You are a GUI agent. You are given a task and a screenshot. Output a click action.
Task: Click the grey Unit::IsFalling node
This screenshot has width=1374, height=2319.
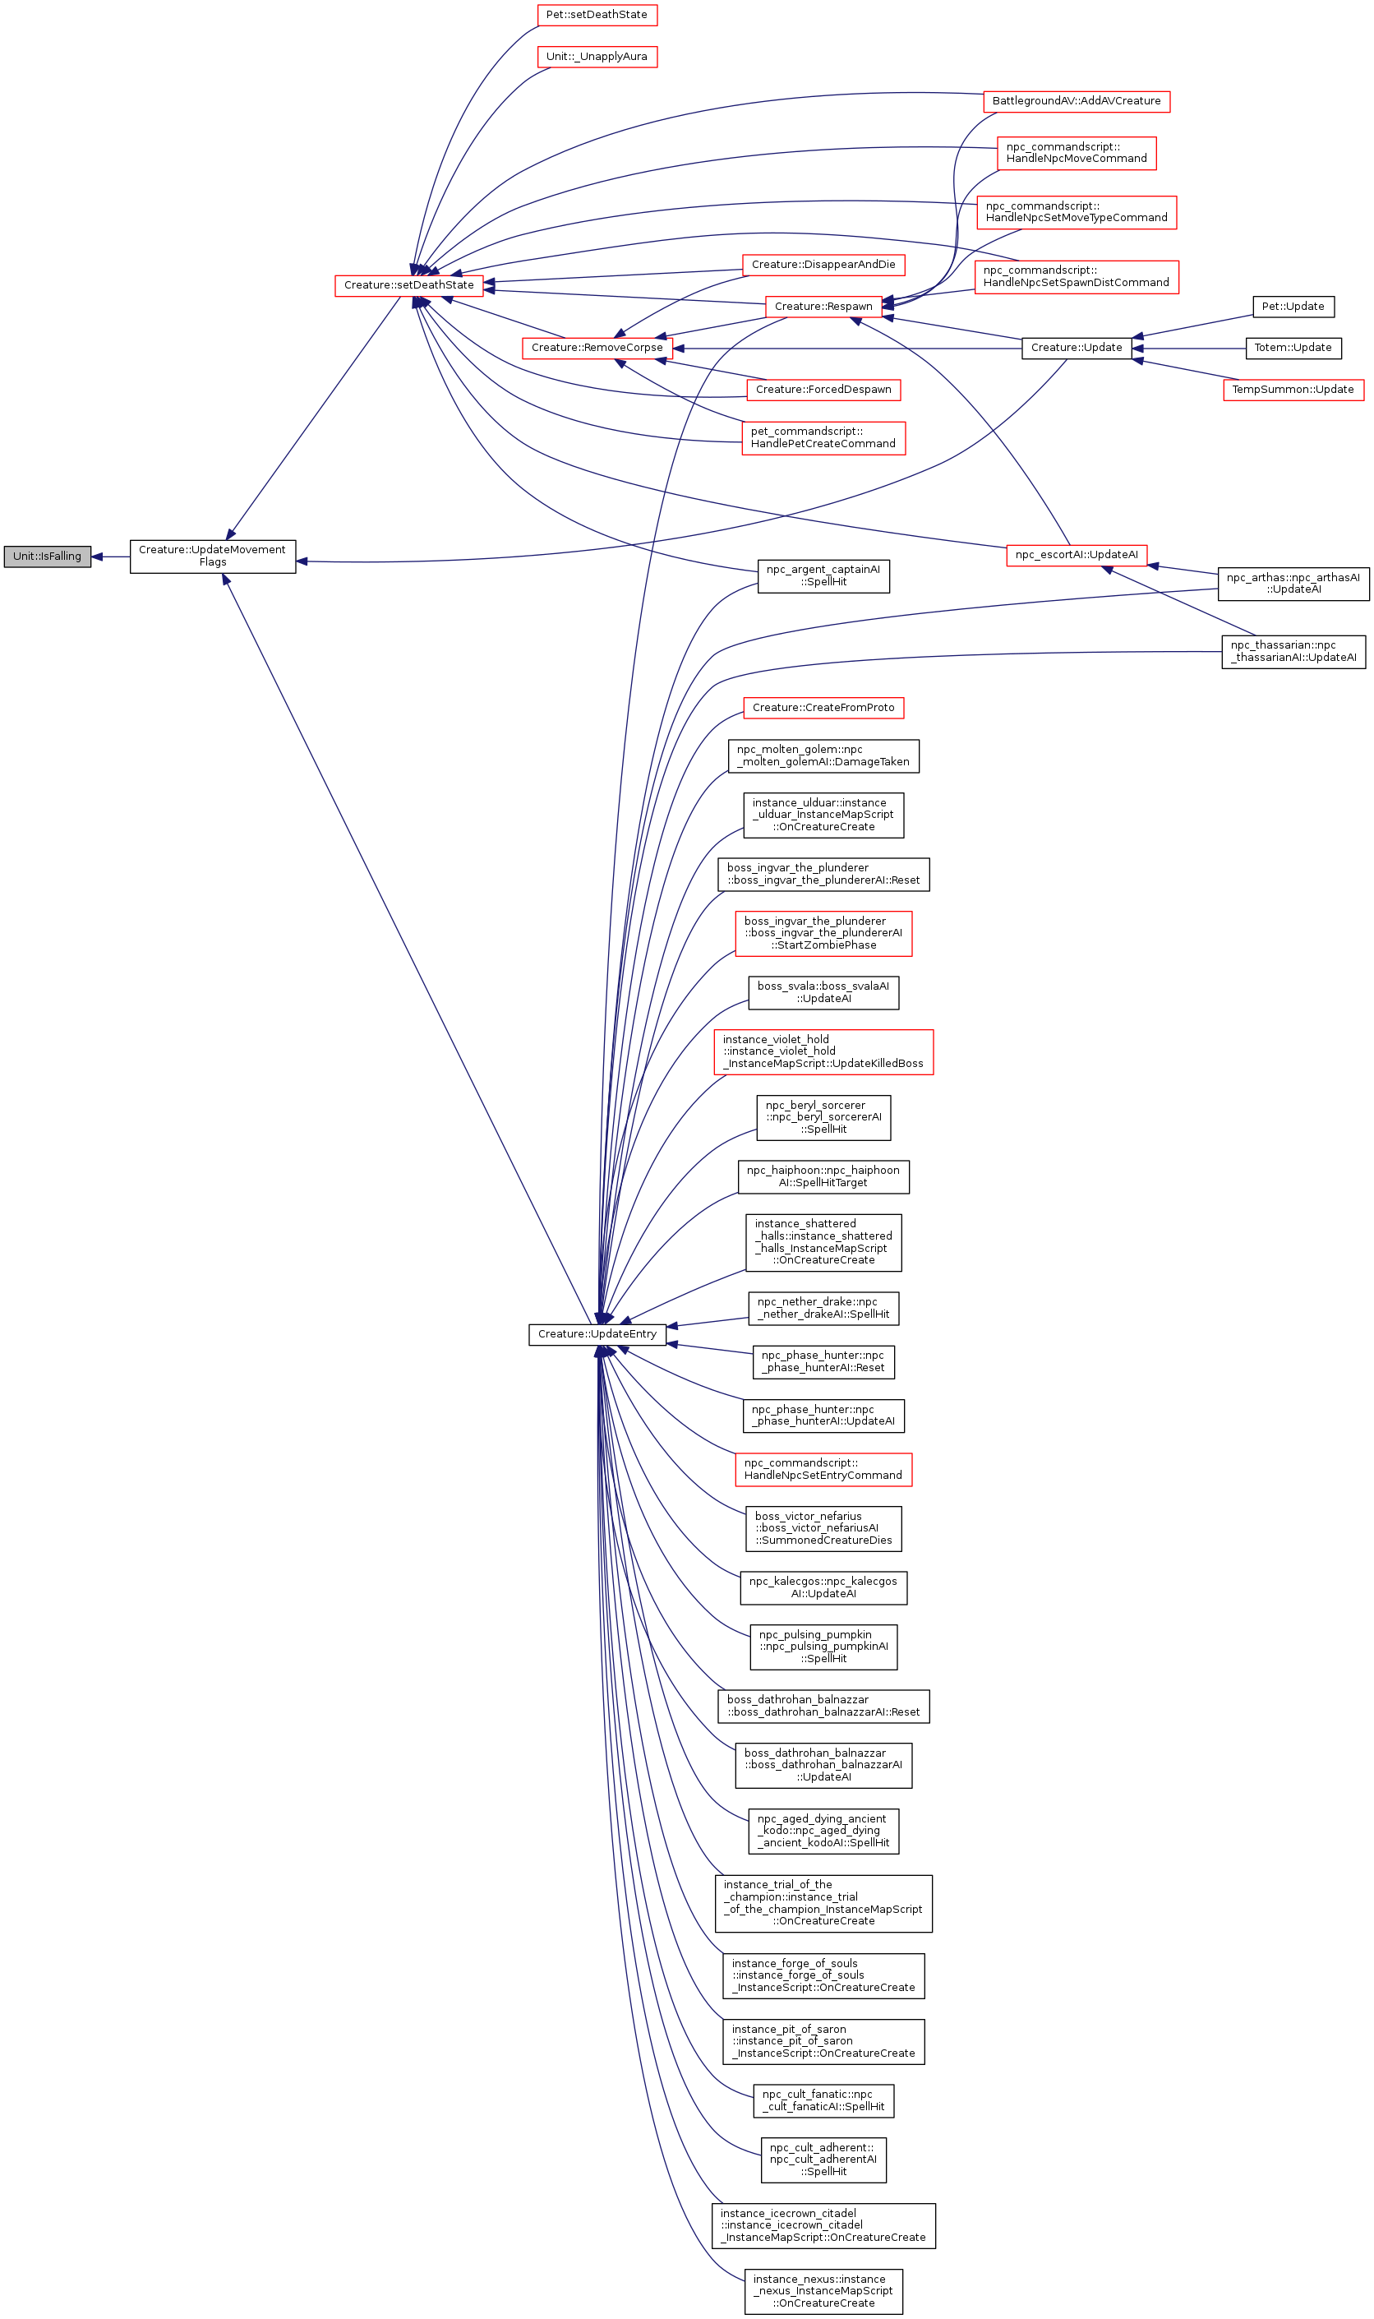coord(47,557)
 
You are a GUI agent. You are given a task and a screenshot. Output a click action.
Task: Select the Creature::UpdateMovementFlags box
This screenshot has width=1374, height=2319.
coord(212,557)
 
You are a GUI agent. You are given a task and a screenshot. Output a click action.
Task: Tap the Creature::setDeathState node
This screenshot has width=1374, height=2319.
coord(408,285)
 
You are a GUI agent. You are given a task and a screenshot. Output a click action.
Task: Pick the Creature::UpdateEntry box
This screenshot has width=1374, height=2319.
coord(597,1334)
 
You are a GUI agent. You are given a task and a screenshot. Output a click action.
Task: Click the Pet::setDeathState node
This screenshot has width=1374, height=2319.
coord(597,16)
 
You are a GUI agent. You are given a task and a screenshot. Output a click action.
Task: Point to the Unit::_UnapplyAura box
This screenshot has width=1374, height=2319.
coord(597,58)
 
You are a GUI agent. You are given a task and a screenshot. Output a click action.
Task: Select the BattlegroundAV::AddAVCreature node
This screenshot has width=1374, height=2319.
coord(1076,101)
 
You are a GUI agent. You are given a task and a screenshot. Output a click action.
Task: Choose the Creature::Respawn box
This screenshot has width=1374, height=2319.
coord(823,307)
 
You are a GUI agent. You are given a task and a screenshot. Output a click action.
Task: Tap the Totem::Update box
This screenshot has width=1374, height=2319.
coord(1293,349)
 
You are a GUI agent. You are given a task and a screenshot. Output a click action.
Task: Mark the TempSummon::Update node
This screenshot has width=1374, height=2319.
coord(1293,390)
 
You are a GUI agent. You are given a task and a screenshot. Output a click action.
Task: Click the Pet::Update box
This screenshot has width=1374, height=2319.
coord(1293,307)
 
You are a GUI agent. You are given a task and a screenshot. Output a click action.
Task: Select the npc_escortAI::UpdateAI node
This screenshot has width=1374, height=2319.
coord(1076,556)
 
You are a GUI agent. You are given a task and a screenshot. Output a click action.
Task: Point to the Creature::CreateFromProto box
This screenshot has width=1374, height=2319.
coord(823,709)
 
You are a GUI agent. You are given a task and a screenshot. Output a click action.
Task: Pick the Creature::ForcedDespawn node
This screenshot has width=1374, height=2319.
coord(823,390)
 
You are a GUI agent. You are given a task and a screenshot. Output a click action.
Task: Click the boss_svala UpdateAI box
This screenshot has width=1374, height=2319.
coord(823,993)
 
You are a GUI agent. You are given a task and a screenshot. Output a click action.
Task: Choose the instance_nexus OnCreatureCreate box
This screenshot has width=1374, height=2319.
coord(823,2291)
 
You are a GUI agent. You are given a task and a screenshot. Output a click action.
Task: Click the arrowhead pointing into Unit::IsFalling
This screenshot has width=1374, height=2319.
coord(97,557)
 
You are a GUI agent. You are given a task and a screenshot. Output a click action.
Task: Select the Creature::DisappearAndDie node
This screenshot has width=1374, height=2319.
coord(823,265)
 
